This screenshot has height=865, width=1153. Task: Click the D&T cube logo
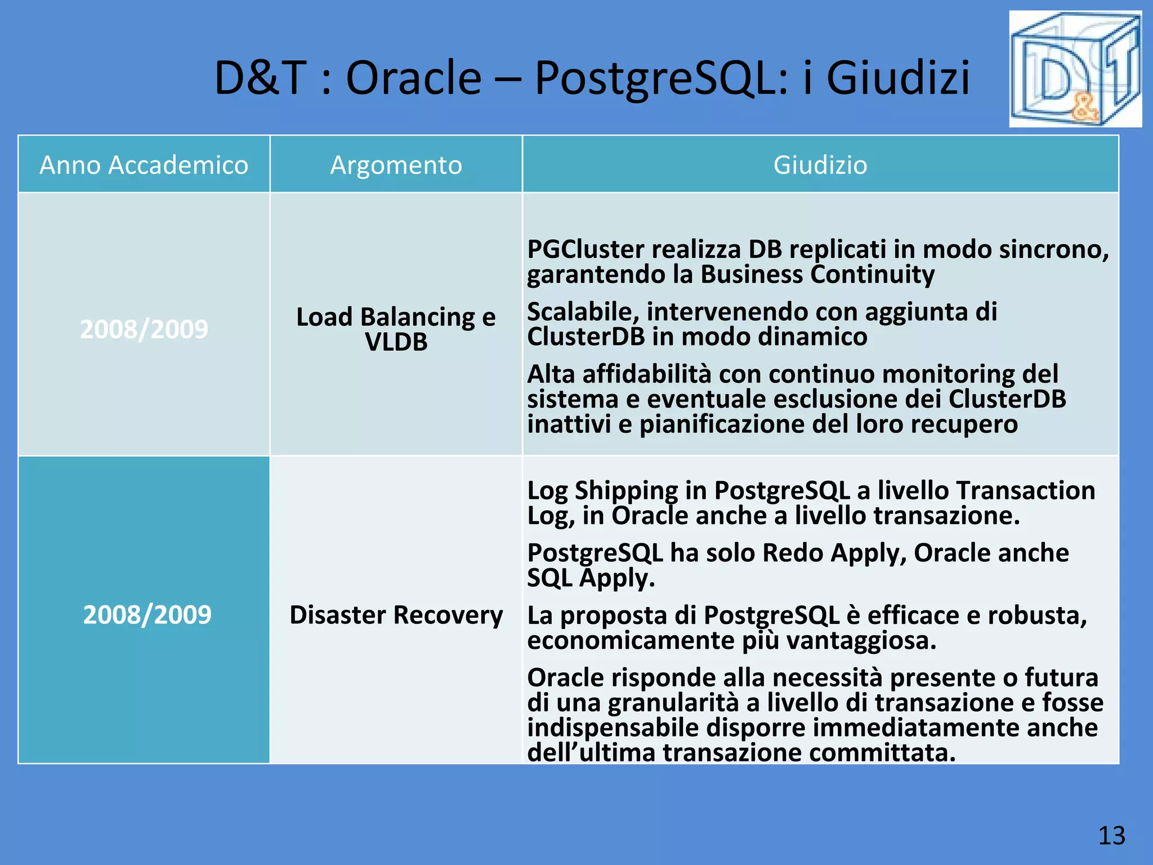point(1075,69)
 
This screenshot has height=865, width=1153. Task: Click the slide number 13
point(1111,836)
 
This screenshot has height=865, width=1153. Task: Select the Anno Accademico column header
point(144,165)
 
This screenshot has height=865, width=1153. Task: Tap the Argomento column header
point(396,165)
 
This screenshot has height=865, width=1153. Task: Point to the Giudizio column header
point(820,165)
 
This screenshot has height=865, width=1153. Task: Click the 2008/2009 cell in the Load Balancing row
point(144,329)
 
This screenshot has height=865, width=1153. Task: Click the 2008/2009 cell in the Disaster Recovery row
point(147,614)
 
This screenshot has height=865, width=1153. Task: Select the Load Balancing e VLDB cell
point(396,329)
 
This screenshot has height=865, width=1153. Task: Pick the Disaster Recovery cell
point(396,614)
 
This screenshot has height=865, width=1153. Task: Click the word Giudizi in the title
point(898,78)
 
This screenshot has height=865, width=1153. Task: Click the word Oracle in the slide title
point(413,78)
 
